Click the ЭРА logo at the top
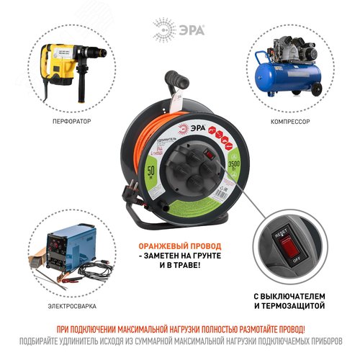point(179,30)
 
